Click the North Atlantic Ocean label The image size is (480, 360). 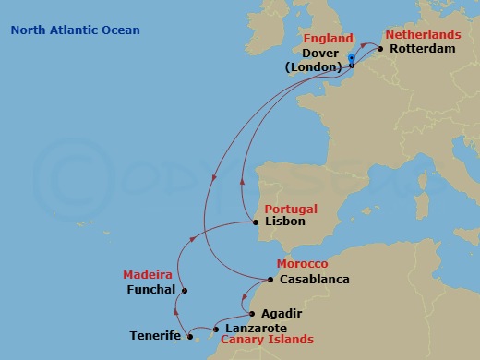[76, 30]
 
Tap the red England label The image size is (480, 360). [327, 39]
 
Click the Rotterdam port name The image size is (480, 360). [423, 48]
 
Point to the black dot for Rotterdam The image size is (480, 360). [379, 49]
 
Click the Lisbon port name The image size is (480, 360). [284, 222]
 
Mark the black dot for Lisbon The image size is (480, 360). [256, 222]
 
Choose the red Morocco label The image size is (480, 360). [302, 265]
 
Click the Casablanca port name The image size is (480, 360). [314, 280]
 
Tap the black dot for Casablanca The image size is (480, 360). [270, 280]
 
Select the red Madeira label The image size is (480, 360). [148, 275]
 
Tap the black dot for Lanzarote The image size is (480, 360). [215, 329]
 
